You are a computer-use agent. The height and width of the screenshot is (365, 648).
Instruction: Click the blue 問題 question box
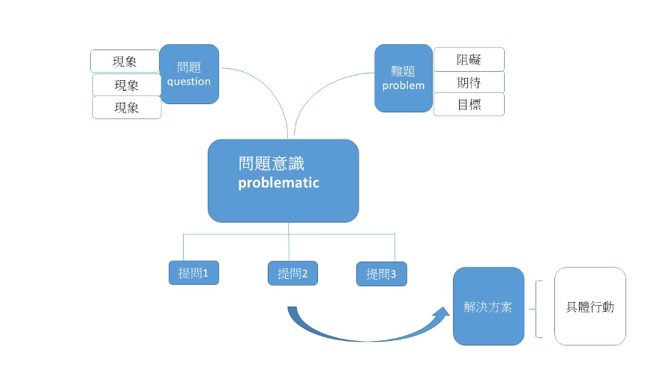(x=189, y=73)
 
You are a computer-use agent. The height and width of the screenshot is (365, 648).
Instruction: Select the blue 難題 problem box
(x=403, y=78)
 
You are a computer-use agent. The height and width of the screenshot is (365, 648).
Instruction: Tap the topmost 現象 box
(x=125, y=61)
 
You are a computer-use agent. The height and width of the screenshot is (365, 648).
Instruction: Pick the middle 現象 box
(x=127, y=85)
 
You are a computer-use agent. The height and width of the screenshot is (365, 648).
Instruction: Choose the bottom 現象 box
(x=127, y=107)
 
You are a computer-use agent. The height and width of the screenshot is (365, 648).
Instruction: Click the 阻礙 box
(x=469, y=59)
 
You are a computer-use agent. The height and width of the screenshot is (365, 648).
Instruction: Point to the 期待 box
(x=469, y=82)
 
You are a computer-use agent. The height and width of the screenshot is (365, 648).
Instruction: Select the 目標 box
(x=469, y=104)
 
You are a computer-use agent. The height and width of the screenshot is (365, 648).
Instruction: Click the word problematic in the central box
(x=278, y=183)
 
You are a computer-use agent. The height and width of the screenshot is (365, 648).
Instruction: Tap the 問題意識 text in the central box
(x=271, y=163)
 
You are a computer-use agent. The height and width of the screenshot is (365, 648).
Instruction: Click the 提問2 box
(x=292, y=274)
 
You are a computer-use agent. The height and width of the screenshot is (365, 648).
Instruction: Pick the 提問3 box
(x=381, y=274)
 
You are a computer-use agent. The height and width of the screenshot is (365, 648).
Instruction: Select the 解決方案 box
(x=488, y=307)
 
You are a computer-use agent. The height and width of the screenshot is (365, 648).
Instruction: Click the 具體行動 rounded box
(x=589, y=307)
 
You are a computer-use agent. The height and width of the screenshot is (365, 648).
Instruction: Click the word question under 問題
(x=189, y=82)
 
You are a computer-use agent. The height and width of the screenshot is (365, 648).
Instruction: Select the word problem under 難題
(x=403, y=85)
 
